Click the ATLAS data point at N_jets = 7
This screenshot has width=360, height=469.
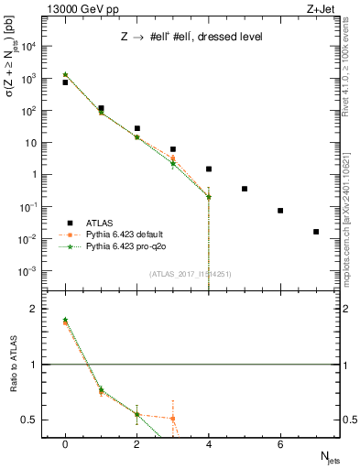(x=316, y=232)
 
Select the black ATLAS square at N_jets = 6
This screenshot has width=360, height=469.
(x=280, y=211)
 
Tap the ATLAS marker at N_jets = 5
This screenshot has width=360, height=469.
(x=245, y=189)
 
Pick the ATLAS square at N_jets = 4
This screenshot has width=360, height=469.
(x=209, y=169)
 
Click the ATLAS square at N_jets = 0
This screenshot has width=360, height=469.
(x=65, y=82)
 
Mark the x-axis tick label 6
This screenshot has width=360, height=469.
(x=280, y=445)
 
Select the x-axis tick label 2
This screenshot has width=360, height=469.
(x=136, y=445)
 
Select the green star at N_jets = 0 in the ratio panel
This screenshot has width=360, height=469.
(x=65, y=320)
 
